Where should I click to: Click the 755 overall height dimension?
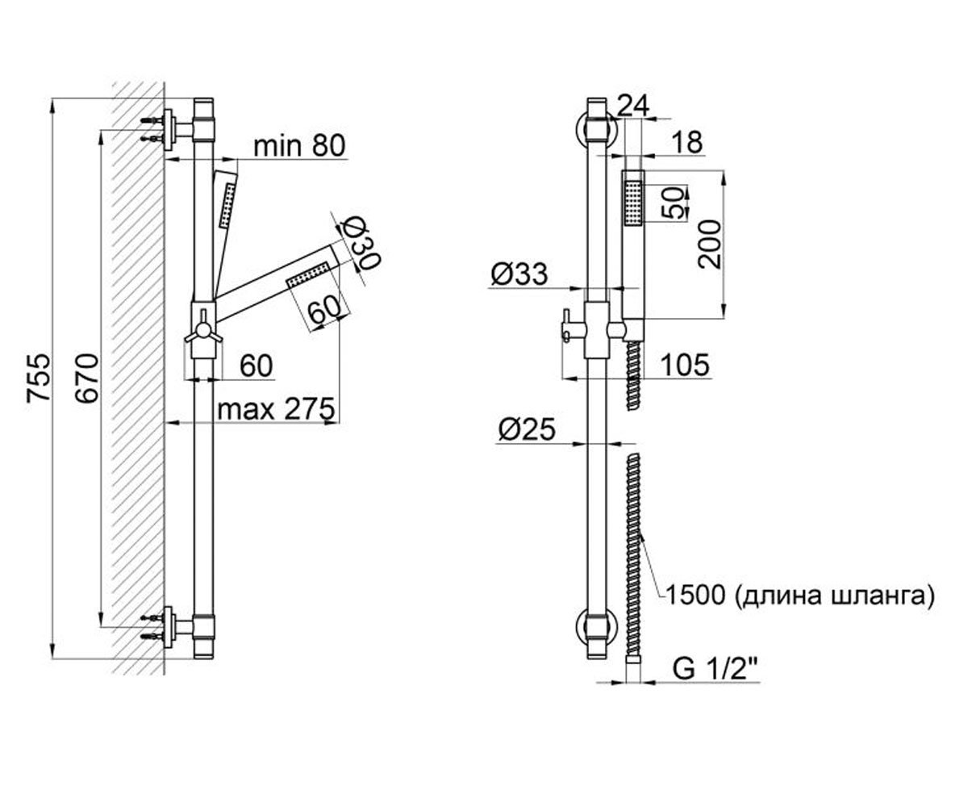[38, 378]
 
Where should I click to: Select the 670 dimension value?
[87, 378]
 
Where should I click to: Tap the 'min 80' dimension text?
[299, 145]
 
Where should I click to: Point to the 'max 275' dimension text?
[276, 409]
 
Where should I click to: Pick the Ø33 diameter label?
[519, 274]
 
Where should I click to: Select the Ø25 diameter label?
[527, 429]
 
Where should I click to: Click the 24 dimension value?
[634, 107]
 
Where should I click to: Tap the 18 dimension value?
[688, 142]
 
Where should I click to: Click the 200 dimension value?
[710, 245]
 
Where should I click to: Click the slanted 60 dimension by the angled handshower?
[324, 309]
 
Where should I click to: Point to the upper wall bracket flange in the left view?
[169, 130]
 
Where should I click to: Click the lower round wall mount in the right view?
[596, 628]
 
